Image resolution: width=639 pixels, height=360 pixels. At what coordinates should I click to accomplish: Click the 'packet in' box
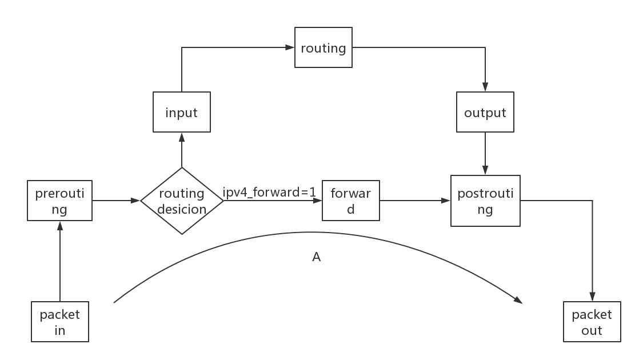pyautogui.click(x=60, y=322)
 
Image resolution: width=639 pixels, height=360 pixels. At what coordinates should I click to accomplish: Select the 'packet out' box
pyautogui.click(x=592, y=322)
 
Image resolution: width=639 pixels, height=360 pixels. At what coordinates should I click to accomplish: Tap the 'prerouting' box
pyautogui.click(x=59, y=201)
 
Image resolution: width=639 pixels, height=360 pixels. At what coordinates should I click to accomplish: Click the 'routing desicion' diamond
pyautogui.click(x=182, y=201)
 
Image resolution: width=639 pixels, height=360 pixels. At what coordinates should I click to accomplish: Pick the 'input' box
pyautogui.click(x=182, y=113)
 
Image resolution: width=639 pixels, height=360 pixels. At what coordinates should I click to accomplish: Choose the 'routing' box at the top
pyautogui.click(x=324, y=48)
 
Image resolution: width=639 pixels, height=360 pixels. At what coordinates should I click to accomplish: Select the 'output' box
pyautogui.click(x=485, y=113)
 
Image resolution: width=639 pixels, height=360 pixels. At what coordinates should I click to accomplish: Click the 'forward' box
pyautogui.click(x=351, y=201)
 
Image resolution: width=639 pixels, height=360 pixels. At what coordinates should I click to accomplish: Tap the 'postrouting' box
pyautogui.click(x=485, y=201)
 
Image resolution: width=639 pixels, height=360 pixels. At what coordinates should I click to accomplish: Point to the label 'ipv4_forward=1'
pyautogui.click(x=269, y=193)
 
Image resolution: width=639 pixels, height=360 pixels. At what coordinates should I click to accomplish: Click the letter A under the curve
pyautogui.click(x=316, y=257)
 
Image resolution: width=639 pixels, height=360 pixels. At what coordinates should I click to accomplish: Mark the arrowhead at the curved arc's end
pyautogui.click(x=518, y=300)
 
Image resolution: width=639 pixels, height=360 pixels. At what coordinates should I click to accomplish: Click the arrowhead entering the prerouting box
pyautogui.click(x=59, y=225)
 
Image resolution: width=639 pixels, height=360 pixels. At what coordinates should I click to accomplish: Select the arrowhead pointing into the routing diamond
pyautogui.click(x=136, y=201)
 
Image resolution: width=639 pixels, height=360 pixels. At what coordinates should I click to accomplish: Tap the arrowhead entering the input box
pyautogui.click(x=182, y=137)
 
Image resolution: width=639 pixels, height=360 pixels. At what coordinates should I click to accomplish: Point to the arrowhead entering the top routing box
pyautogui.click(x=290, y=48)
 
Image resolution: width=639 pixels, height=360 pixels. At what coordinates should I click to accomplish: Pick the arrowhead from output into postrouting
pyautogui.click(x=485, y=171)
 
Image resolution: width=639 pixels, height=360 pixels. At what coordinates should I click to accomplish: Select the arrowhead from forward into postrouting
pyautogui.click(x=446, y=201)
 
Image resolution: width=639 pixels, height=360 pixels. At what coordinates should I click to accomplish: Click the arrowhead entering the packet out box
pyautogui.click(x=592, y=298)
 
